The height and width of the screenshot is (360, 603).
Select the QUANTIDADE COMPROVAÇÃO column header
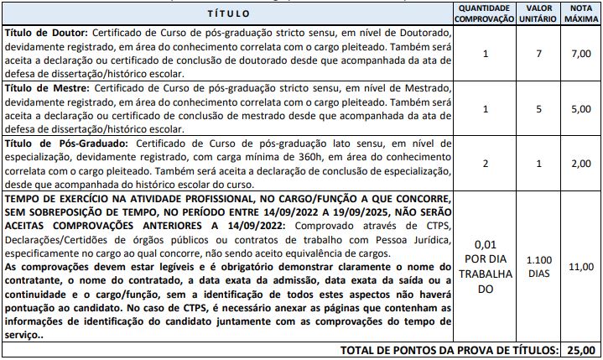pyautogui.click(x=486, y=14)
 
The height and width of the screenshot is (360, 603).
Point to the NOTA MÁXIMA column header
pyautogui.click(x=581, y=14)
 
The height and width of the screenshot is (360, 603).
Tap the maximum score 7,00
pyautogui.click(x=581, y=55)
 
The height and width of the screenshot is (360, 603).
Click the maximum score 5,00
pyautogui.click(x=581, y=109)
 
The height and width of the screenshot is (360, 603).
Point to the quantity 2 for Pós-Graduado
pyautogui.click(x=486, y=164)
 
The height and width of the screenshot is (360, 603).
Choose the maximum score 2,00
pyautogui.click(x=581, y=164)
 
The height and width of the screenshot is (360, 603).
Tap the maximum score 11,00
pyautogui.click(x=581, y=266)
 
